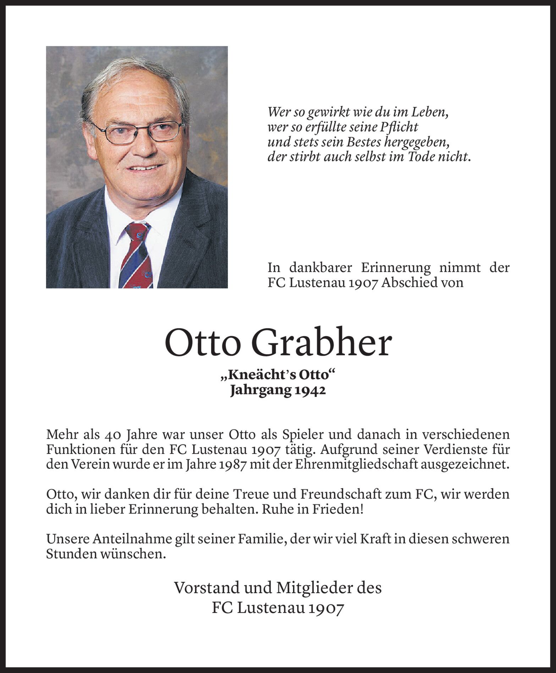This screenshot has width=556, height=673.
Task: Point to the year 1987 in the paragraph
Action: (x=231, y=465)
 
